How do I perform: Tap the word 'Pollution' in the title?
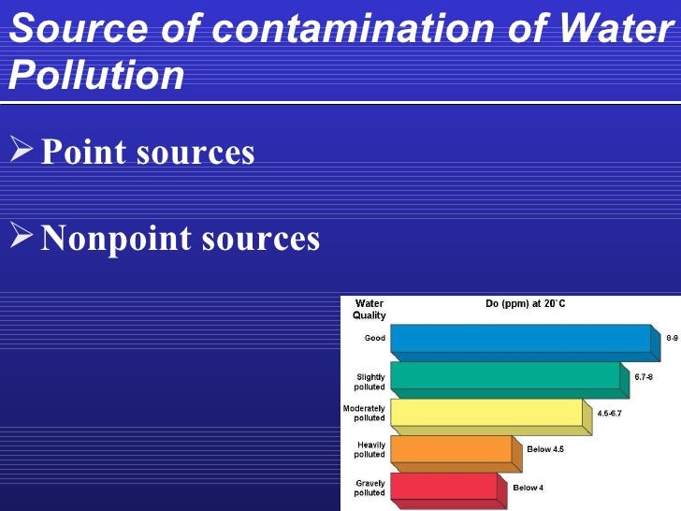[x=96, y=76]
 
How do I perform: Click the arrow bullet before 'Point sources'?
[x=22, y=151]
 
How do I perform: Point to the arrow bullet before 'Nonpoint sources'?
[x=22, y=238]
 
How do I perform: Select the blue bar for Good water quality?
[x=519, y=338]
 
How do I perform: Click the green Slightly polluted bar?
[x=504, y=375]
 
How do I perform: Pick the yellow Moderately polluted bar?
[x=485, y=412]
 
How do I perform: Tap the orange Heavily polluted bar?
[x=450, y=449]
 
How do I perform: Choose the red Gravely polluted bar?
[x=442, y=486]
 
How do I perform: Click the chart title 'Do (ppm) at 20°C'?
[x=525, y=304]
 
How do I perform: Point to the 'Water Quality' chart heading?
[x=368, y=310]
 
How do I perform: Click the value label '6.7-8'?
[x=644, y=377]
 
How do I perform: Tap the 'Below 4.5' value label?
[x=545, y=450]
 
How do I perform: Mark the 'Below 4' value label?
[x=528, y=488]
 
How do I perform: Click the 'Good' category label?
[x=374, y=339]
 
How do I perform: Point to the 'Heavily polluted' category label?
[x=369, y=449]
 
